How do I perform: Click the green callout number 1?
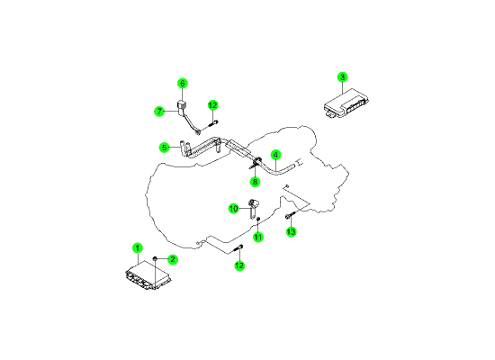[x=138, y=247]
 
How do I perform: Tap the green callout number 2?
[x=173, y=259]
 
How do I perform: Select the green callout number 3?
[x=343, y=77]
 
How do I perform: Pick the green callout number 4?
[x=276, y=155]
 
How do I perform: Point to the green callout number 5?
[x=164, y=148]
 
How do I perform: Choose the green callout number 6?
[x=182, y=84]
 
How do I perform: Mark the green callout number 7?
[x=159, y=112]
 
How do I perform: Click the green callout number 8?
[x=255, y=182]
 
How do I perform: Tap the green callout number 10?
[x=234, y=209]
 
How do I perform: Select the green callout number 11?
[x=258, y=237]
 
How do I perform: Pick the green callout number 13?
[x=291, y=231]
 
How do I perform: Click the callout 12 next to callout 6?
[x=213, y=105]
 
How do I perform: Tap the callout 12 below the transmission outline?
[x=239, y=265]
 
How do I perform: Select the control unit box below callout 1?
[x=148, y=275]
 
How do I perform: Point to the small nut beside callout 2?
[x=155, y=259]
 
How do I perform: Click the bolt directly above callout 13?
[x=290, y=215]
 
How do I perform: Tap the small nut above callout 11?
[x=258, y=219]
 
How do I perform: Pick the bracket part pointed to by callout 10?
[x=253, y=208]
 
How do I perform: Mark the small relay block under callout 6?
[x=182, y=104]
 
